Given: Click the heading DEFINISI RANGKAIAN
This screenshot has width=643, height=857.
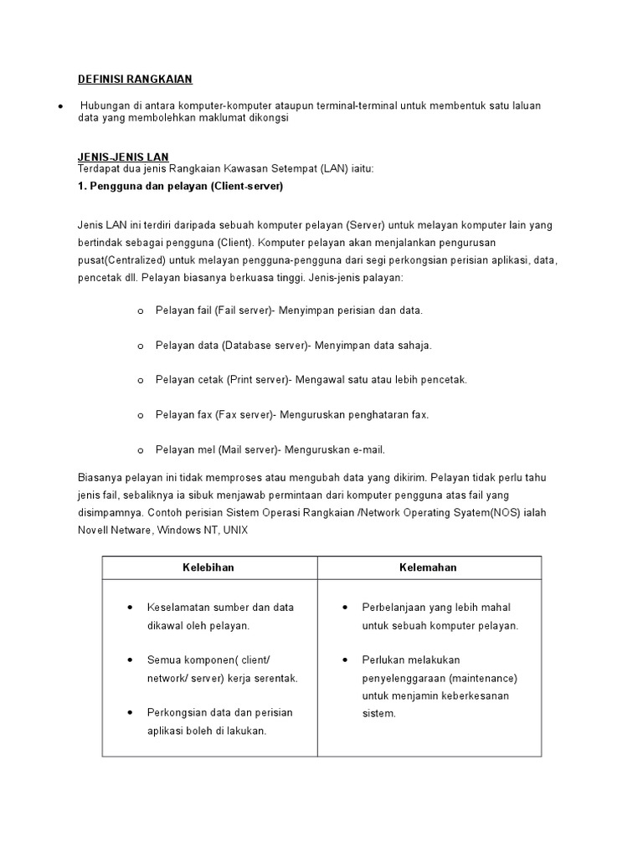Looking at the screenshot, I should pos(135,80).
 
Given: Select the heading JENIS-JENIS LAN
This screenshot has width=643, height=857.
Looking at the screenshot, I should pos(123,157).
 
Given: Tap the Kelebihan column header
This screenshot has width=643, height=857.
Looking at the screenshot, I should pos(208,567).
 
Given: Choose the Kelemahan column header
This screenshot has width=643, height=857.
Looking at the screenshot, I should pos(427,567).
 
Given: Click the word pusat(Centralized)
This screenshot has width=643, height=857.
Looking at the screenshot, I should pos(121,261).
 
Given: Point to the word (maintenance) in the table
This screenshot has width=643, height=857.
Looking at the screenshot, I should pos(483,678).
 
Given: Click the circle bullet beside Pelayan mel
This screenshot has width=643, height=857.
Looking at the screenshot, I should pos(140,450).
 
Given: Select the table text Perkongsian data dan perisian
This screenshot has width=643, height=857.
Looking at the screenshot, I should pos(220,712).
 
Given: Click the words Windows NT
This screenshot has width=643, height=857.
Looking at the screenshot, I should pos(184,531).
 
